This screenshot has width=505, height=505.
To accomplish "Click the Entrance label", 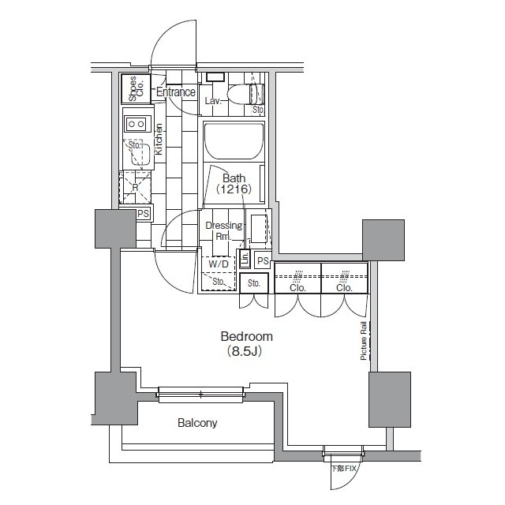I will tap(175, 92).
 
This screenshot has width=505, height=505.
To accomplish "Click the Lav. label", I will tap(213, 102).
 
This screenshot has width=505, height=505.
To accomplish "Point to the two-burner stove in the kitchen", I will tap(137, 124).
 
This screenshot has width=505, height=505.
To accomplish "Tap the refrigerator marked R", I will tap(135, 189).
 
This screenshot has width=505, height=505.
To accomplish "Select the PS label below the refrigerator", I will tap(143, 214).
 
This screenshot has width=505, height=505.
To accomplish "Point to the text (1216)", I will tap(234, 190).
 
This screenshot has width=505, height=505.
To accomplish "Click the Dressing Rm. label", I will tap(223, 231).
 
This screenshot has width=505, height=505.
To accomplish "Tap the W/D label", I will tap(218, 264).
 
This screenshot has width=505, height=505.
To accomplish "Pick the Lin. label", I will tap(245, 259).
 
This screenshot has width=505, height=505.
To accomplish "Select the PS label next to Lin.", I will tap(263, 261).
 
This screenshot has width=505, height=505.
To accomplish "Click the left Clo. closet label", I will tap(297, 288).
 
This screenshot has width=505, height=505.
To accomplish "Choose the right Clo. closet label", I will tap(344, 288).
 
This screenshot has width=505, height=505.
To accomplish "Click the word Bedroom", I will tap(247, 336).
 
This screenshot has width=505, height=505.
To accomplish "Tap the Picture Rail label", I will tap(364, 340).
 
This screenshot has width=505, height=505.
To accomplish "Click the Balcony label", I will tap(197, 423).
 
